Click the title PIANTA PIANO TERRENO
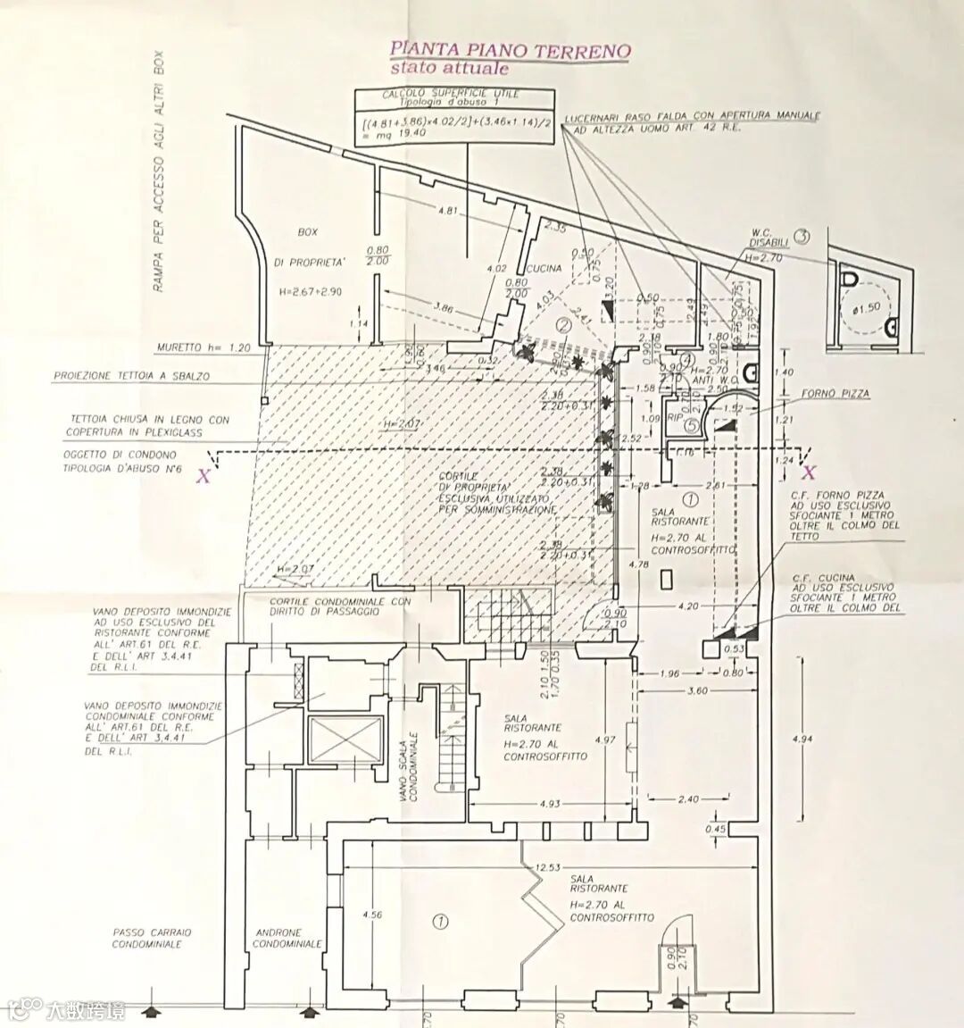[x=510, y=50]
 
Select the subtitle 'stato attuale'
[x=449, y=69]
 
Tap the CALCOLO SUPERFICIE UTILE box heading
[x=450, y=94]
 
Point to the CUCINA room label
[x=544, y=269]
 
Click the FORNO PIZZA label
[x=835, y=393]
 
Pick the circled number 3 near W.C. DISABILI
[x=802, y=237]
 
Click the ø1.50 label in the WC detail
[x=868, y=306]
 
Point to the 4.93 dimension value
[x=550, y=804]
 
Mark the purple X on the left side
[x=204, y=475]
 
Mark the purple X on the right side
[x=809, y=472]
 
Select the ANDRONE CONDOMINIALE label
[x=287, y=938]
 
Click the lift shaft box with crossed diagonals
[x=345, y=740]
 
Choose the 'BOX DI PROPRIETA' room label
[x=308, y=247]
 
